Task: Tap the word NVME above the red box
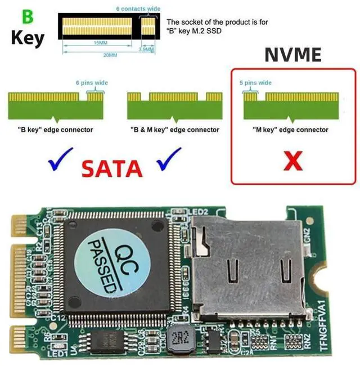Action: (293, 55)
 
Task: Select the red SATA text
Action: (111, 168)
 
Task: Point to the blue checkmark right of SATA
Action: (169, 159)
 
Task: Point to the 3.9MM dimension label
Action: (146, 50)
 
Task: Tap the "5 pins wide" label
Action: (256, 83)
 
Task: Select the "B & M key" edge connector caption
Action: (174, 130)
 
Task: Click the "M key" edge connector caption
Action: (290, 130)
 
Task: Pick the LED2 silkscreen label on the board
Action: (200, 212)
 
